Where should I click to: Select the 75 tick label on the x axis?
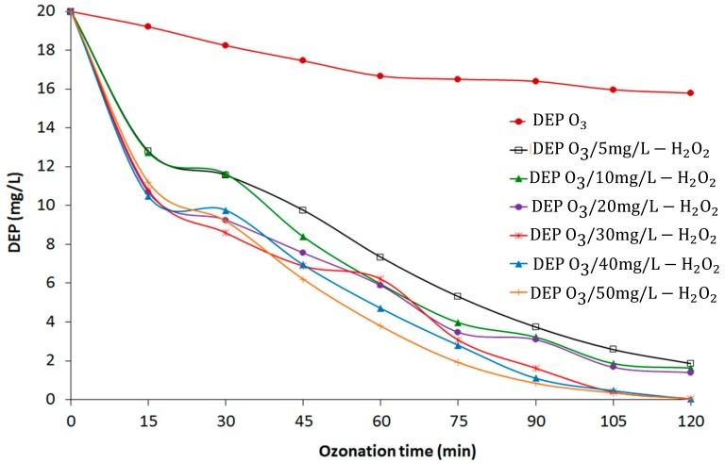[458, 419]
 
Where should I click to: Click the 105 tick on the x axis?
[613, 419]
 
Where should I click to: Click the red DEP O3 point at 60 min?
[380, 75]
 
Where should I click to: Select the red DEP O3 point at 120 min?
[690, 92]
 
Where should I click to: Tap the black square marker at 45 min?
[303, 209]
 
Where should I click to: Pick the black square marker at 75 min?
[458, 296]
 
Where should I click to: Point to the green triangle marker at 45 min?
[303, 237]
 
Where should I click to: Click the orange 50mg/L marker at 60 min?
[380, 325]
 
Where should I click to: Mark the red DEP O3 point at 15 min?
[148, 26]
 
